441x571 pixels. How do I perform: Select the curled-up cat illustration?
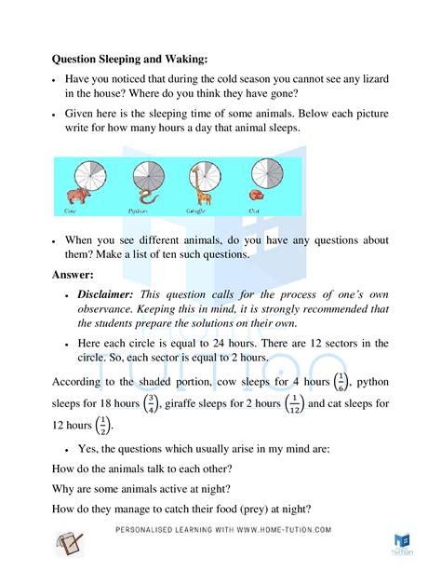(x=256, y=196)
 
